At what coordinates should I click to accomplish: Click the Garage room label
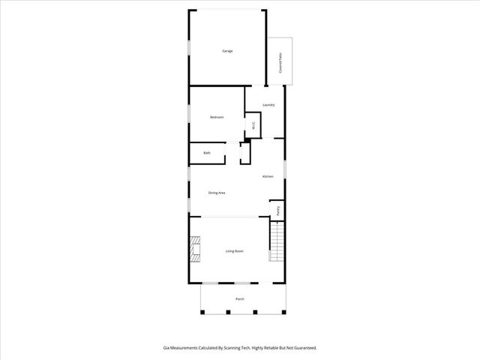[226, 51]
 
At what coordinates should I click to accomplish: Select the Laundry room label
[268, 105]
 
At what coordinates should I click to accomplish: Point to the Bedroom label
[217, 117]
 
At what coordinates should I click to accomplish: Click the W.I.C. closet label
[254, 126]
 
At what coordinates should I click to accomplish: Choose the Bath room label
[207, 153]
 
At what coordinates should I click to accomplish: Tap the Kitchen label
[267, 177]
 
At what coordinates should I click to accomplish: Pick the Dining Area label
[217, 193]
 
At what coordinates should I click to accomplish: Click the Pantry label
[278, 211]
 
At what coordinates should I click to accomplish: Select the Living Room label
[235, 251]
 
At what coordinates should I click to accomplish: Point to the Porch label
[240, 299]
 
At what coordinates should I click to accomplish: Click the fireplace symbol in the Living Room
[196, 250]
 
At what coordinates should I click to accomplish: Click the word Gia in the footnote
[166, 348]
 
